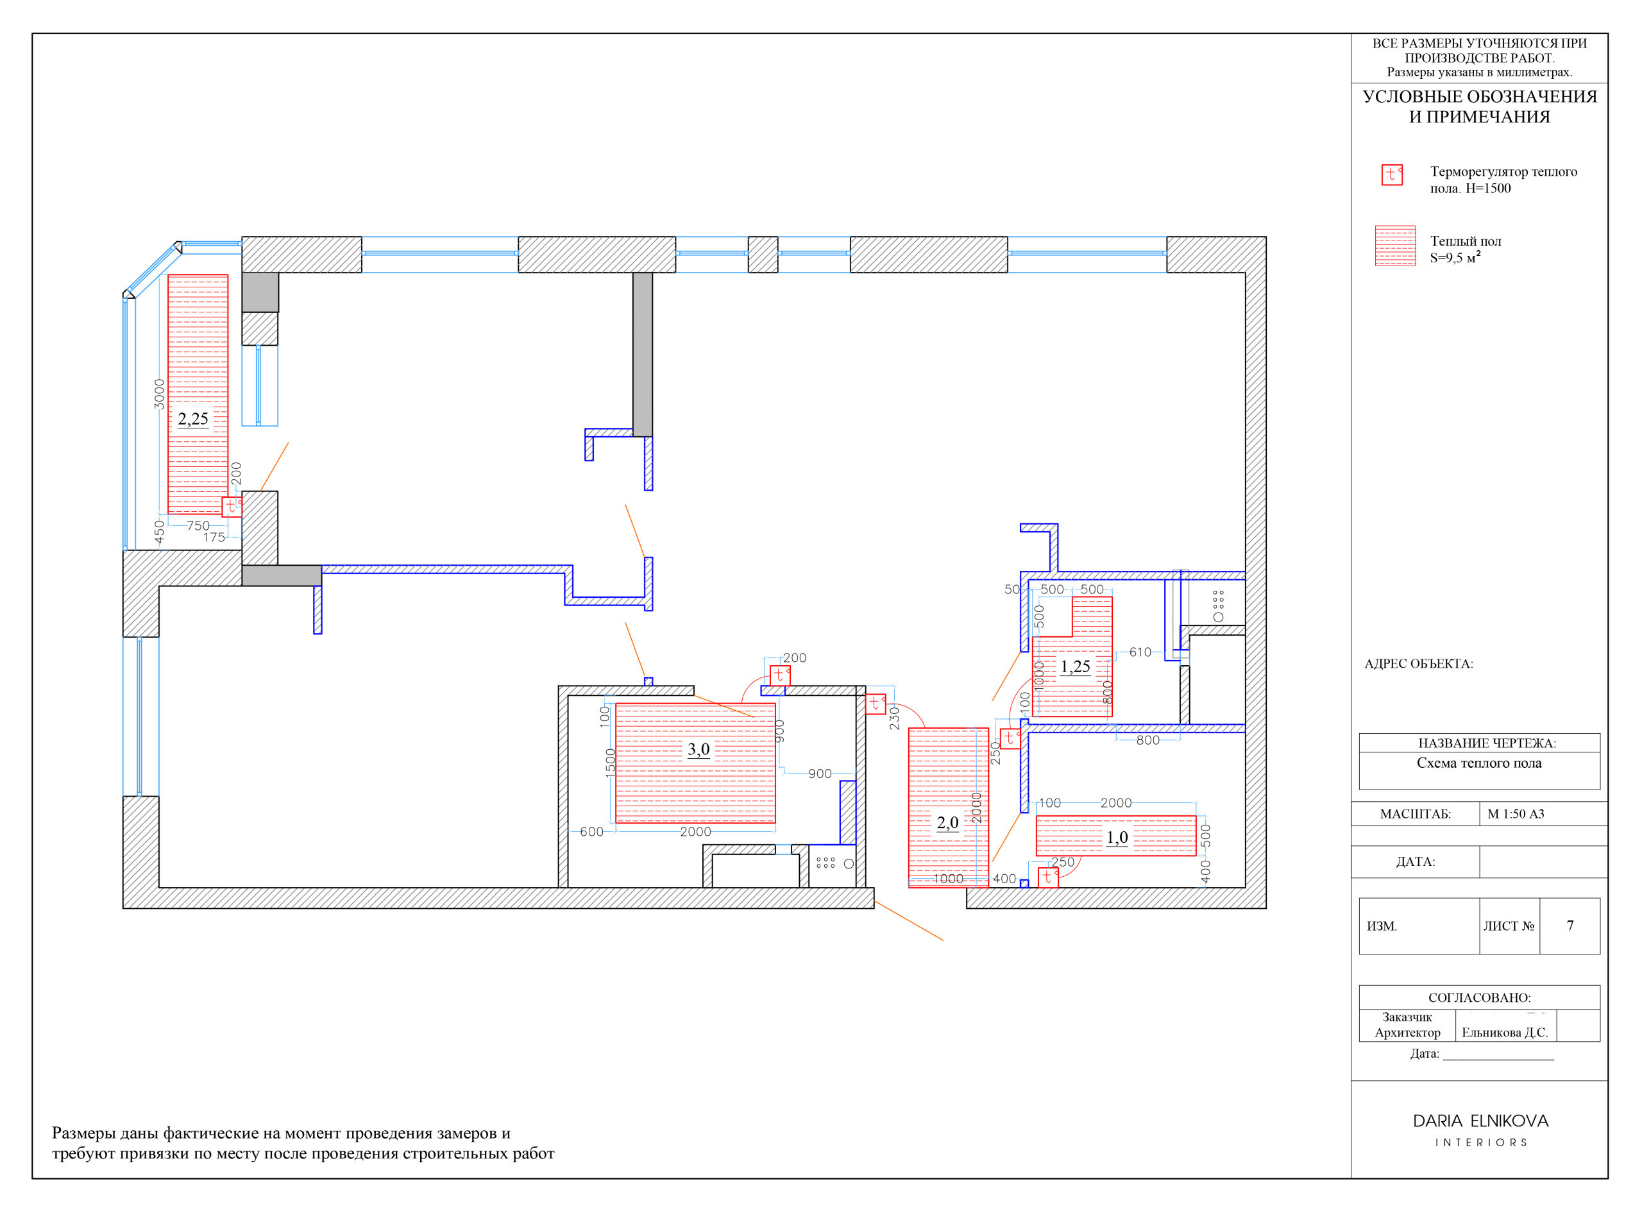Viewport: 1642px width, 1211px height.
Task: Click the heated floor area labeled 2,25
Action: [198, 394]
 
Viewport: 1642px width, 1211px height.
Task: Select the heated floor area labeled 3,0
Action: [696, 764]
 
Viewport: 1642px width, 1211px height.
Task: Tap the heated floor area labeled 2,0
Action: [949, 808]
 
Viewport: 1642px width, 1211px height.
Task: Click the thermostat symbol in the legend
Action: [1392, 174]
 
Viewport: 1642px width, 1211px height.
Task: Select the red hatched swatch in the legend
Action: [1395, 246]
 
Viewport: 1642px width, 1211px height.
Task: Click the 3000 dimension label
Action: [159, 394]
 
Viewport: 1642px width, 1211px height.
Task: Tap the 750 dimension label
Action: [198, 525]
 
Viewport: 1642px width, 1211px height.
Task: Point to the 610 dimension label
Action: [1140, 652]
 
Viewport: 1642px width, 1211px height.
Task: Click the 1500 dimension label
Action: [610, 763]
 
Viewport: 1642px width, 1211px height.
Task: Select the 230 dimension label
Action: [894, 718]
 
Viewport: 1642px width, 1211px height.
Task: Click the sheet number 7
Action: [1570, 926]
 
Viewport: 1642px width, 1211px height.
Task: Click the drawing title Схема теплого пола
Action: [1479, 763]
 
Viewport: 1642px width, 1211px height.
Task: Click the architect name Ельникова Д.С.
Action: [1505, 1032]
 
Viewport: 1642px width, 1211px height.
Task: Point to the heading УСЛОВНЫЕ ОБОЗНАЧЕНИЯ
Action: [1479, 96]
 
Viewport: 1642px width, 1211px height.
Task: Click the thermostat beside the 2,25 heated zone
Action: [232, 507]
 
